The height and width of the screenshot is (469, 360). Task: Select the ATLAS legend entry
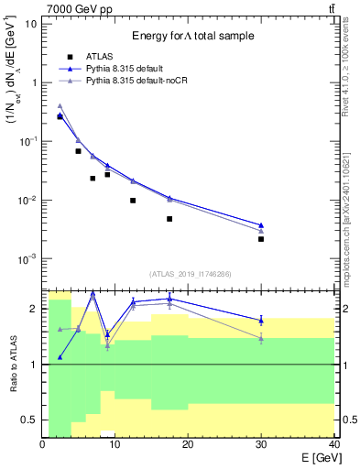click(101, 55)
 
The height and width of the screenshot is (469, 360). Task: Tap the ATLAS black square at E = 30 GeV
click(261, 239)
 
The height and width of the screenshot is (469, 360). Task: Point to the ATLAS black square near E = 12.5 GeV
click(133, 201)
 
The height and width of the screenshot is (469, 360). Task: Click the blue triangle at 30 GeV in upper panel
click(261, 225)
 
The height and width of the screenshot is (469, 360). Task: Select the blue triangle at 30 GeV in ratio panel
click(261, 320)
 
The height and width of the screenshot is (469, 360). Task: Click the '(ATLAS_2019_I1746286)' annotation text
click(189, 274)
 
